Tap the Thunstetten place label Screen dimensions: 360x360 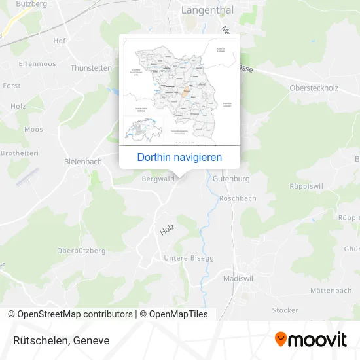click(x=91, y=67)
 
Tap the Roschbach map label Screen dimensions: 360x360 click(x=238, y=198)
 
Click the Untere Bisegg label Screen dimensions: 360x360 click(x=189, y=258)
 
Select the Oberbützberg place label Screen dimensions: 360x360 click(x=81, y=251)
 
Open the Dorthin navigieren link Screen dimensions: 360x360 click(x=179, y=157)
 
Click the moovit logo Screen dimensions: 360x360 click(x=310, y=340)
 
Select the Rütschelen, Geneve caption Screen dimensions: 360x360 click(x=60, y=340)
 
